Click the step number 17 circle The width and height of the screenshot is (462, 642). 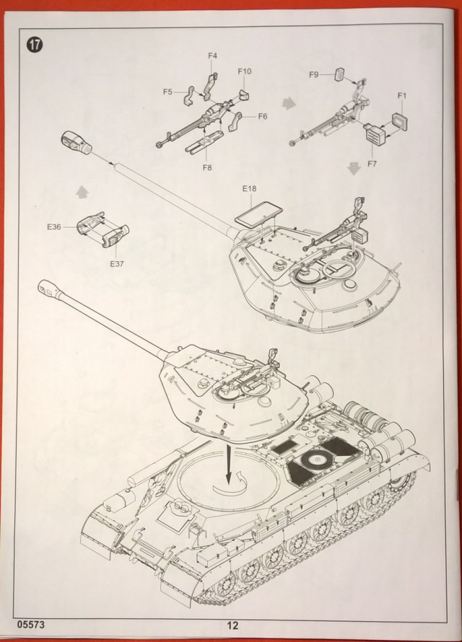[x=35, y=43]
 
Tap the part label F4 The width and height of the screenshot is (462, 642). [x=212, y=56]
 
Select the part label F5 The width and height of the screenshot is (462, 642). [x=167, y=92]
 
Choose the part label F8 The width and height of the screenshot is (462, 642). [x=207, y=167]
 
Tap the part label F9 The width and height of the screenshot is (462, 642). [x=314, y=74]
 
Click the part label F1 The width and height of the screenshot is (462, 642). [x=402, y=95]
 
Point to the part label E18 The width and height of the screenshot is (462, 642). [x=249, y=189]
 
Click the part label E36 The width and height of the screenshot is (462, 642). [x=53, y=227]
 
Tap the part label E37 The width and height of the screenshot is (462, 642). [x=118, y=263]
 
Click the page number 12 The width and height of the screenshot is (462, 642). [x=230, y=626]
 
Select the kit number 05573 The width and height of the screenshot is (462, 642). [x=27, y=625]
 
